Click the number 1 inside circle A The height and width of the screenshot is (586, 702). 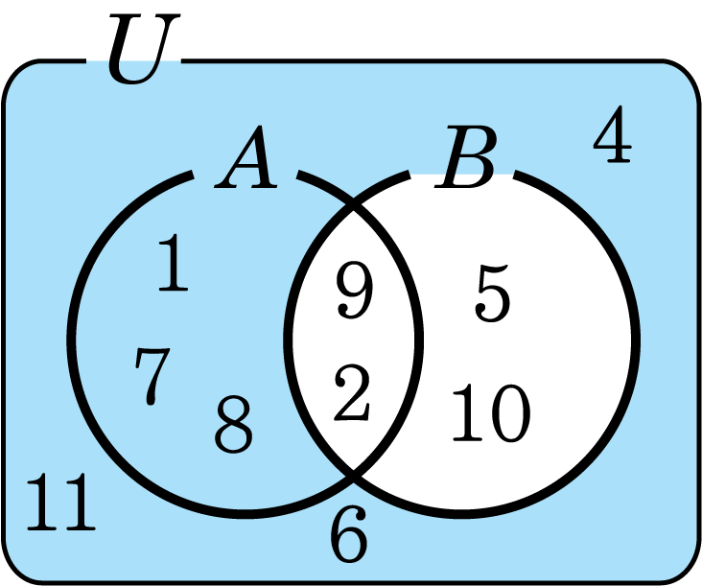click(174, 265)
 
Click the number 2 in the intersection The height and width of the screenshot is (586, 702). click(352, 396)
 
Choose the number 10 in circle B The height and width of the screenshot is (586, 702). click(490, 413)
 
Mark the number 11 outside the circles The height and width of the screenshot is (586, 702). click(60, 503)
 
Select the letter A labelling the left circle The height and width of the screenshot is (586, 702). click(246, 160)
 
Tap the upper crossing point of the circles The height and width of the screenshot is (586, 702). click(355, 204)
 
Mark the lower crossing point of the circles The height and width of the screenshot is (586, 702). click(355, 471)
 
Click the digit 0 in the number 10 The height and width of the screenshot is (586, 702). click(508, 414)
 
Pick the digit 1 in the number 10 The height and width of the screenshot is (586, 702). click(468, 413)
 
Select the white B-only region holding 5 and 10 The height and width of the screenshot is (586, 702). click(566, 345)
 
